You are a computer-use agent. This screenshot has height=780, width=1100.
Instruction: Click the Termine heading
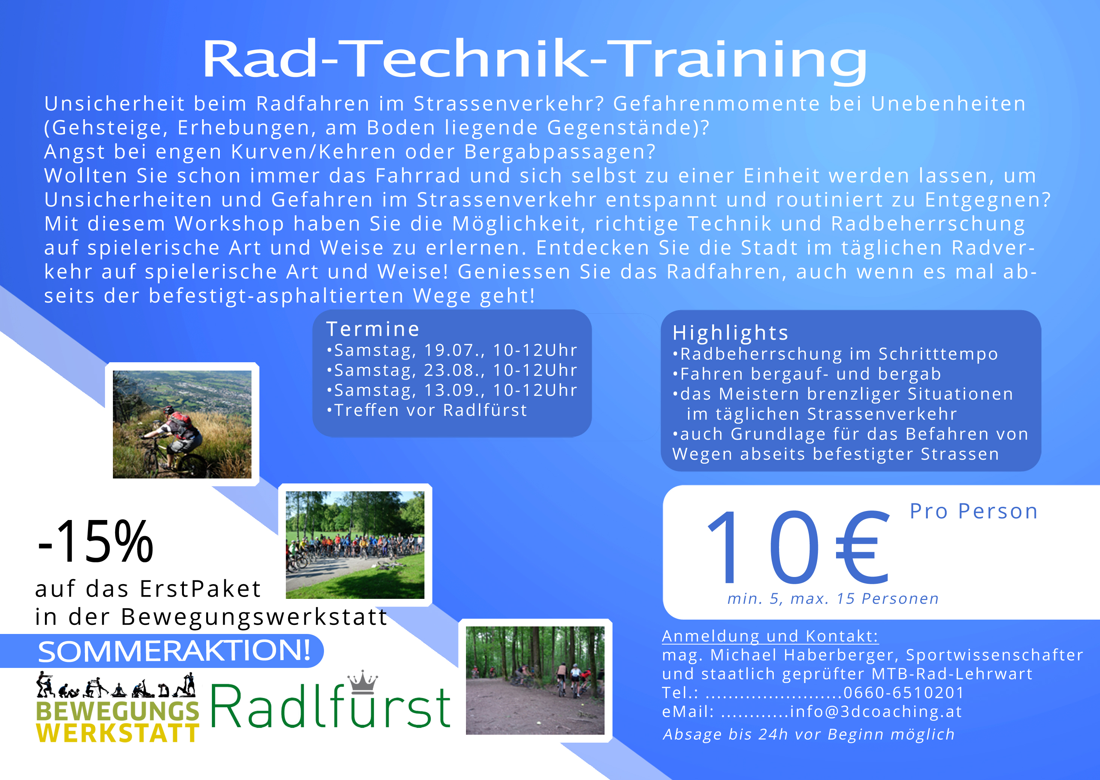(x=373, y=329)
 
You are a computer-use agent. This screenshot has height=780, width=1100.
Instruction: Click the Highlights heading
(x=730, y=332)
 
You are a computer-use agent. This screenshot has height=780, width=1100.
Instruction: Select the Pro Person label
(x=973, y=511)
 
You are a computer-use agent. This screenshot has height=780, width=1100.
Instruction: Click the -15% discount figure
(x=95, y=542)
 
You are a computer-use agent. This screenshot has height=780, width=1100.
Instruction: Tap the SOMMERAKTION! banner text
(x=174, y=651)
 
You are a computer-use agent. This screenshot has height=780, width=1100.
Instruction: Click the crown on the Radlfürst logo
(x=363, y=682)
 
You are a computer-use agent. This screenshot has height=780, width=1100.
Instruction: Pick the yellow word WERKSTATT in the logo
(x=118, y=732)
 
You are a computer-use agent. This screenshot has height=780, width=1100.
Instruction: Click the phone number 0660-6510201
(x=904, y=692)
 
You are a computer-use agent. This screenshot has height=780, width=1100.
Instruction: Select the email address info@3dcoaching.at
(x=876, y=711)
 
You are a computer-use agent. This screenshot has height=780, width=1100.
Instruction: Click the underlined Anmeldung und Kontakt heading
(x=770, y=636)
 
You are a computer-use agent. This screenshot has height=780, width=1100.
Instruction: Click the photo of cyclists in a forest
(x=535, y=680)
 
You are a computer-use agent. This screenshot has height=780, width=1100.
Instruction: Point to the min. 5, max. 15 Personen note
(x=833, y=598)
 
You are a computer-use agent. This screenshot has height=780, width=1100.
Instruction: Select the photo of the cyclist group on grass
(x=355, y=545)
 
